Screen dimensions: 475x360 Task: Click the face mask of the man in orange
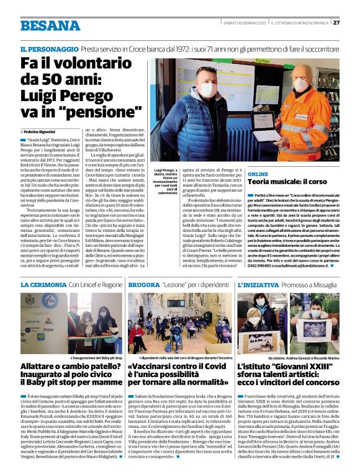[x=300, y=87]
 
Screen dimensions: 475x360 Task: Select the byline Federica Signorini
[x=40, y=133]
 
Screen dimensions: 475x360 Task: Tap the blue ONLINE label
[x=258, y=175]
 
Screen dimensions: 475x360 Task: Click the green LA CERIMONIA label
[x=42, y=284]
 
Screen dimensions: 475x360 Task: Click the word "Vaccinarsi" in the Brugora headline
[x=158, y=368]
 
